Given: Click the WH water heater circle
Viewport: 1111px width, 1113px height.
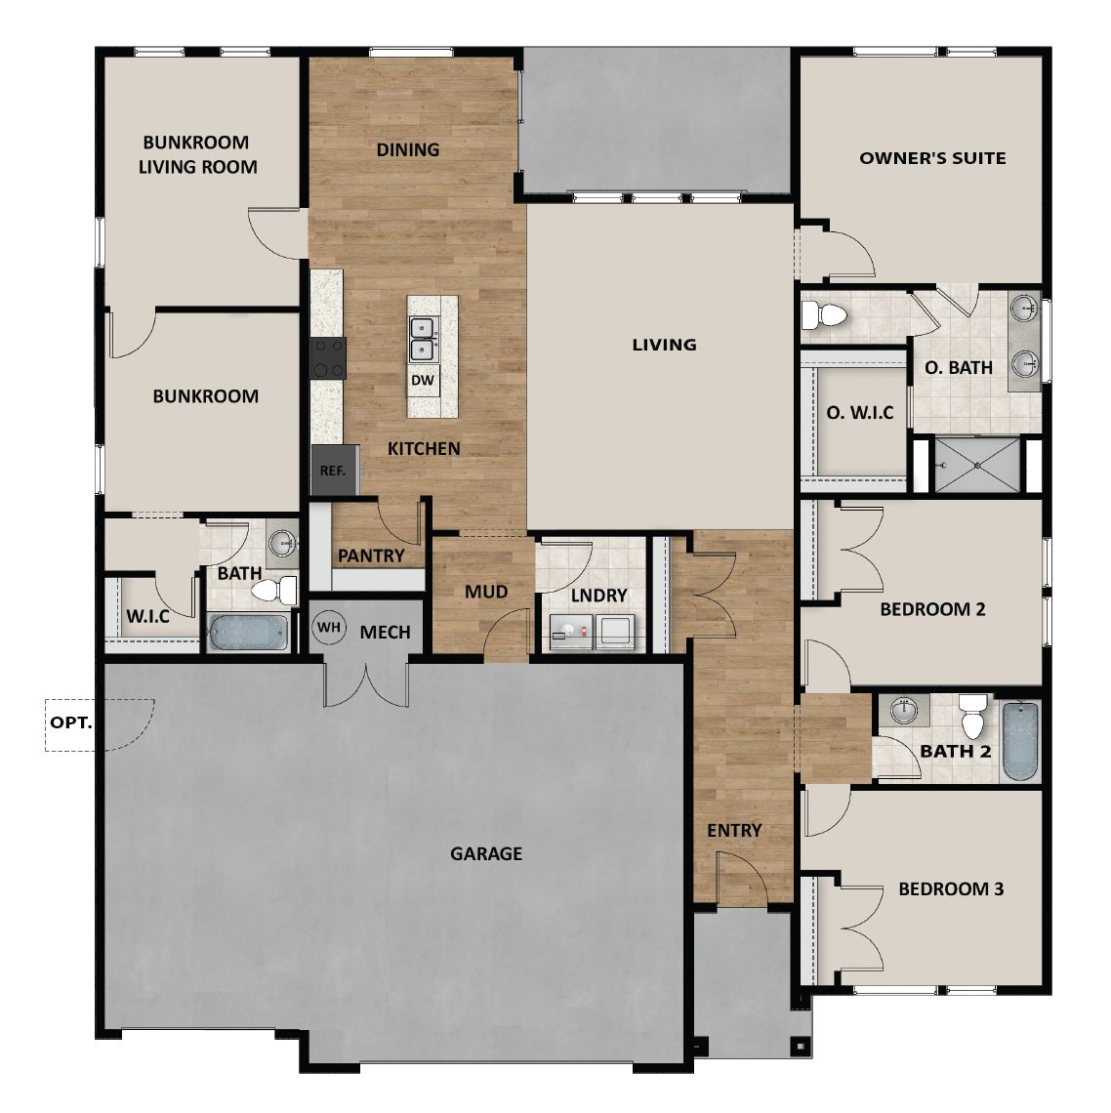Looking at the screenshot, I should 329,628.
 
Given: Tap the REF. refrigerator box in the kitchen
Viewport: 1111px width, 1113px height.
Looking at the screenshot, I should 332,470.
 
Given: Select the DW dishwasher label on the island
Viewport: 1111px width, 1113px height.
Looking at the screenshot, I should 422,380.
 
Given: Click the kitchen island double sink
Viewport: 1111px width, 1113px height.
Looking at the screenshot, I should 423,338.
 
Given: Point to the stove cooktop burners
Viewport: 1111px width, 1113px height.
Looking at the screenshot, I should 328,357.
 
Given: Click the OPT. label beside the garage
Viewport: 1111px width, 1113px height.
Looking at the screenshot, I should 70,723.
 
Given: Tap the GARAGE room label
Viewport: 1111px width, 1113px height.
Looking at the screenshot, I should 486,853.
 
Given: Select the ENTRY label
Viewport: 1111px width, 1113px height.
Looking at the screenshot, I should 734,830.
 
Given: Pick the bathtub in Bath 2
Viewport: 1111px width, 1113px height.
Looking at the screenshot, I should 1019,740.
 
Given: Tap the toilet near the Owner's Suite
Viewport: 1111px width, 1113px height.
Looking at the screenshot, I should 823,315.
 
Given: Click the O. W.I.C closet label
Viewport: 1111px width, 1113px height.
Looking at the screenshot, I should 860,413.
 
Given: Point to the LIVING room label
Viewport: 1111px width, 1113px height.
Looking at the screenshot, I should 664,344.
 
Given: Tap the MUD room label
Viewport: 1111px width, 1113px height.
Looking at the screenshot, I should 485,592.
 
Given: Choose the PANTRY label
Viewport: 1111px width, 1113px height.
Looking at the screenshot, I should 371,556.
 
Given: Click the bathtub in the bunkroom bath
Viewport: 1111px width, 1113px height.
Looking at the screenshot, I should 248,632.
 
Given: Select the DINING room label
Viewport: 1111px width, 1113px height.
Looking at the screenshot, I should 408,149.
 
